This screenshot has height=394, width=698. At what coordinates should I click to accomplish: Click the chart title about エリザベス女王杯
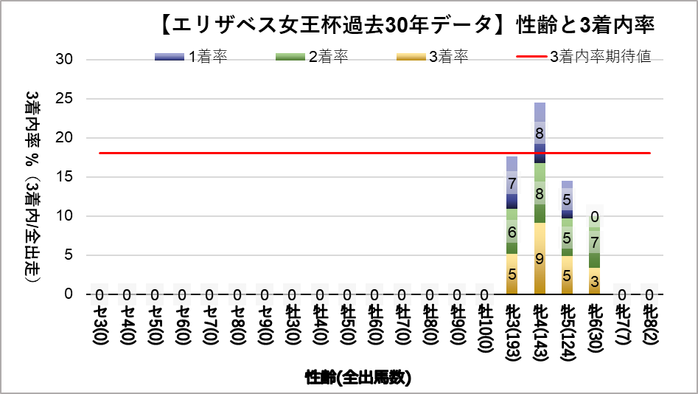(406, 24)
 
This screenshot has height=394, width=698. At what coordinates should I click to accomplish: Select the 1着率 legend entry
(191, 58)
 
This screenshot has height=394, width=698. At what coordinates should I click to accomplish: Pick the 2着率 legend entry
(310, 58)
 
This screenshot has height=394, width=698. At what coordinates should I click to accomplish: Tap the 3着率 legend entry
(431, 58)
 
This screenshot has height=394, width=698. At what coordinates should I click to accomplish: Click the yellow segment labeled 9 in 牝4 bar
(540, 258)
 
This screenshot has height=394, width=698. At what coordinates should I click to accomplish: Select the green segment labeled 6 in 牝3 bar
(512, 232)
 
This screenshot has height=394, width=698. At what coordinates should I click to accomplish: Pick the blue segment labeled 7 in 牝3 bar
(512, 182)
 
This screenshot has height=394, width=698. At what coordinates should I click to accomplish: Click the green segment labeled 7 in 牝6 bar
(595, 243)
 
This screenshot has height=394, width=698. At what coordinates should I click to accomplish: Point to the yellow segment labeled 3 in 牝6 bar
(595, 280)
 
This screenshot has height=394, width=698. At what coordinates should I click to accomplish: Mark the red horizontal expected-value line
(295, 153)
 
